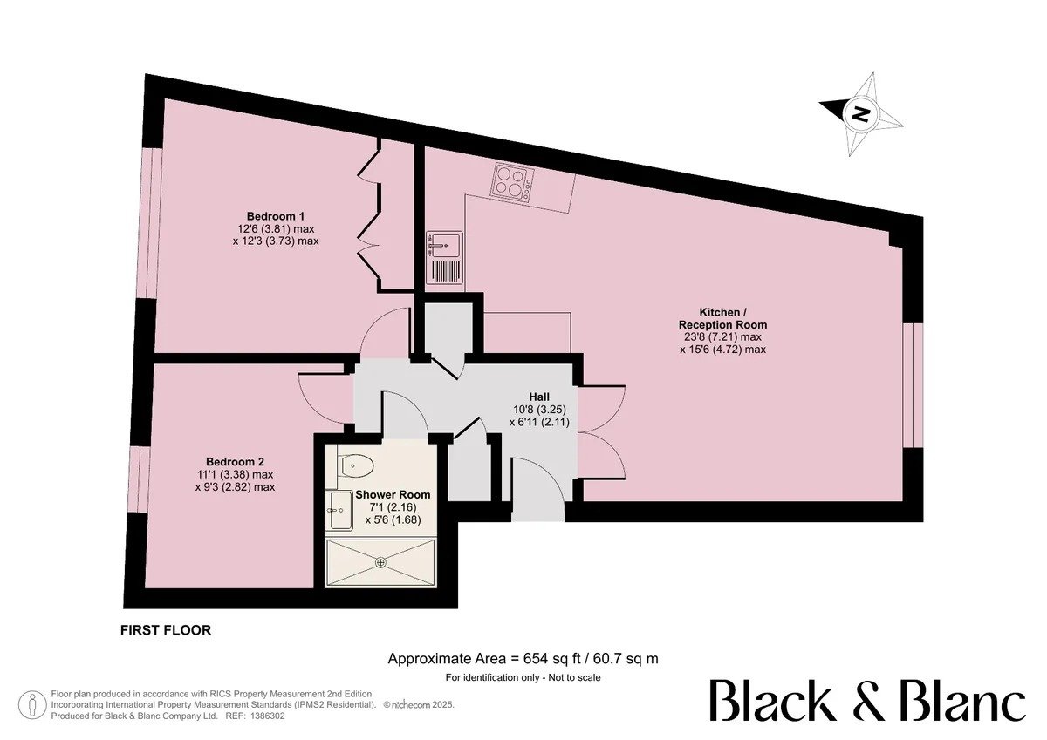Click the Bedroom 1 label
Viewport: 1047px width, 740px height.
pos(276,216)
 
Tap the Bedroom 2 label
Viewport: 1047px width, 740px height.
pos(235,462)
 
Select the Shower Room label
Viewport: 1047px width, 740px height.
pos(393,494)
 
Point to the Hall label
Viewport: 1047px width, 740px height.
pos(539,397)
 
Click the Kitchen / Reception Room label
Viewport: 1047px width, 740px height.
pos(722,318)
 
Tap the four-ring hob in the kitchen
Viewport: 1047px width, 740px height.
pos(512,182)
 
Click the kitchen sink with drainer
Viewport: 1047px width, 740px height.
pos(444,258)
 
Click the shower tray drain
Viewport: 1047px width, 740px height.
pos(381,563)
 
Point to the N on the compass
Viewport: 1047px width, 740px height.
pos(860,113)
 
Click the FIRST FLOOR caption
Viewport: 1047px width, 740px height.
pos(166,630)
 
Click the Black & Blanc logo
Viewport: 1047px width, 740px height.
pos(867,700)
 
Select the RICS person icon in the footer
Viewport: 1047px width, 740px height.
pos(32,703)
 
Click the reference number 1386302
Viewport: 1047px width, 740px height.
pos(267,716)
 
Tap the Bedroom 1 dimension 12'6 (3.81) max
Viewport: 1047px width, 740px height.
pos(276,229)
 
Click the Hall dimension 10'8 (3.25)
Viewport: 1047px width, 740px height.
pos(539,410)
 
